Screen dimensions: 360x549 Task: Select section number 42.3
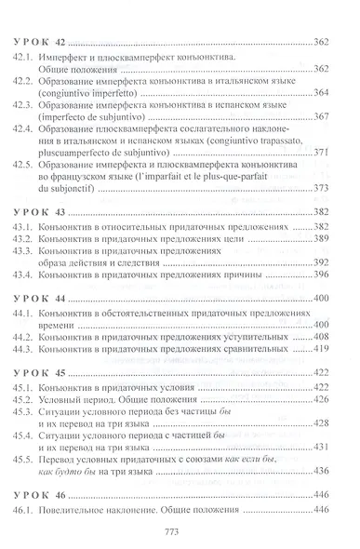click(x=29, y=116)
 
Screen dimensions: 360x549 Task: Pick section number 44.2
click(x=29, y=335)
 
